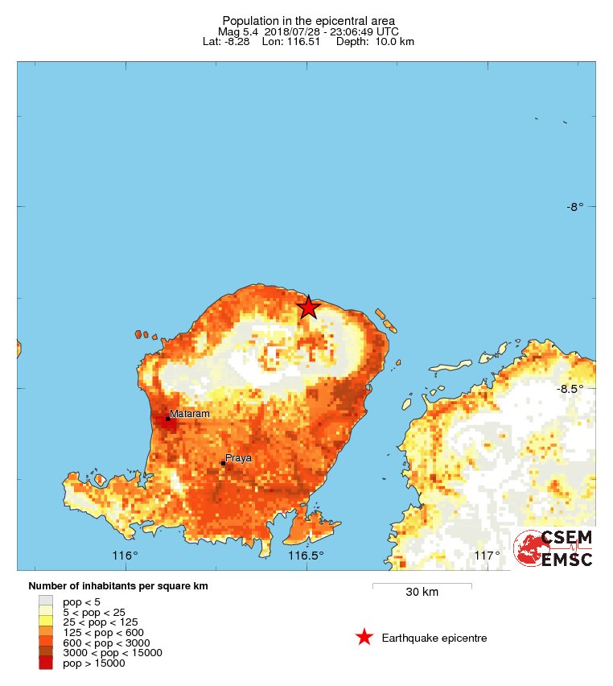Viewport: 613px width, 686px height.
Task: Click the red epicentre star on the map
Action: click(308, 307)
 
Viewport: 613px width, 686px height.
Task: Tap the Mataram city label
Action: click(190, 414)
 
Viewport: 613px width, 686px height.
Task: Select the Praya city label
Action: click(238, 458)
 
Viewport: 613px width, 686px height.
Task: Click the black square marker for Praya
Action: click(223, 463)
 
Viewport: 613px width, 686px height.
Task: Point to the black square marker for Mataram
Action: click(167, 418)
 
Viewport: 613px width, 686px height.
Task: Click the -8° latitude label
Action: click(574, 207)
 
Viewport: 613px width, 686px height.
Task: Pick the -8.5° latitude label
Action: click(570, 389)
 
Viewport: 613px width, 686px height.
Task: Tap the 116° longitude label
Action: click(125, 556)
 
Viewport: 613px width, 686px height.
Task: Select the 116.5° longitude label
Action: click(306, 556)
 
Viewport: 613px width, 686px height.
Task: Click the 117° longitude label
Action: click(487, 556)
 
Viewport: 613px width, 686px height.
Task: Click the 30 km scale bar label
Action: click(422, 593)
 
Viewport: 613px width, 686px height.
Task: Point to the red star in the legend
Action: click(364, 638)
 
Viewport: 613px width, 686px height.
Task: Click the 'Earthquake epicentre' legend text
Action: click(434, 638)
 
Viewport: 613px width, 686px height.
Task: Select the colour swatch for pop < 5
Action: click(46, 601)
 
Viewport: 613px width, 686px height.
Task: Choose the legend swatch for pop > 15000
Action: click(46, 663)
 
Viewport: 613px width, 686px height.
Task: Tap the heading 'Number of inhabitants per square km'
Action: click(118, 585)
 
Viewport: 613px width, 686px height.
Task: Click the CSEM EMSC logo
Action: click(553, 548)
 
